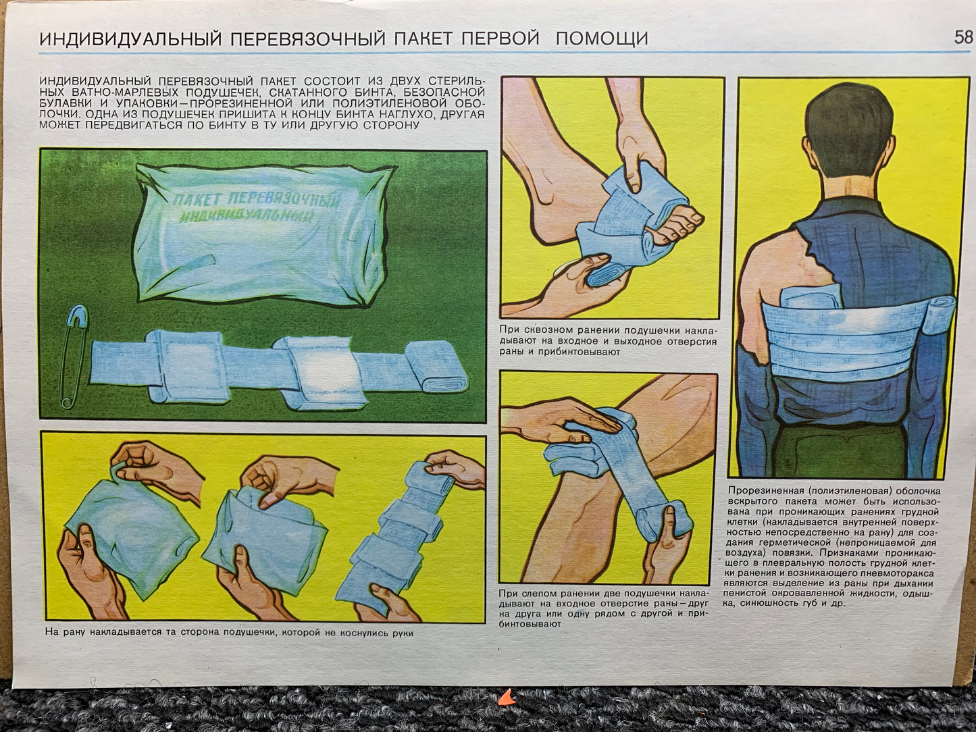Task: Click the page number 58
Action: [x=963, y=37]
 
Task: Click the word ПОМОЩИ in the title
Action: [x=602, y=38]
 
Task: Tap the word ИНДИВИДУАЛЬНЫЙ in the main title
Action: [x=130, y=39]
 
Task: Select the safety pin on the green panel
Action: [x=74, y=357]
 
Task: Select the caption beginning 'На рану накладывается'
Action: [x=230, y=633]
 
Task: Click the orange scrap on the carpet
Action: [x=506, y=699]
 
